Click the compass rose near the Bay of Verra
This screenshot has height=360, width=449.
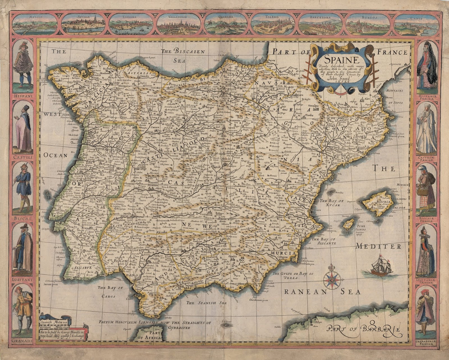tap(333, 279)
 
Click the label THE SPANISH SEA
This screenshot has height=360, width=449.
tap(203, 303)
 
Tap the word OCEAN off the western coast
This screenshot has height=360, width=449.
tap(56, 155)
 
